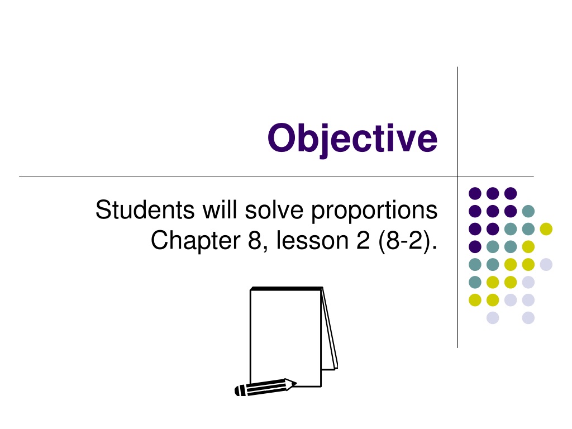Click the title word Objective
pos(352,139)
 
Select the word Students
pos(145,210)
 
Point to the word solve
pos(274,210)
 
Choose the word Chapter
pos(196,241)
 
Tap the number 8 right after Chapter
pos(255,241)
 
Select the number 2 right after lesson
pos(363,240)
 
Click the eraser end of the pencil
pos(239,390)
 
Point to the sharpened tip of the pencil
pos(295,383)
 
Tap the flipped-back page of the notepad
pos(330,328)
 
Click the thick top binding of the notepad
pos(287,289)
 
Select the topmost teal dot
pos(528,211)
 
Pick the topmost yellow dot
pos(546,229)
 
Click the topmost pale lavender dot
pos(546,264)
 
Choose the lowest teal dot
pos(475,282)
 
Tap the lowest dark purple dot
pos(475,247)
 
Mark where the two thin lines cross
pos(457,177)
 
